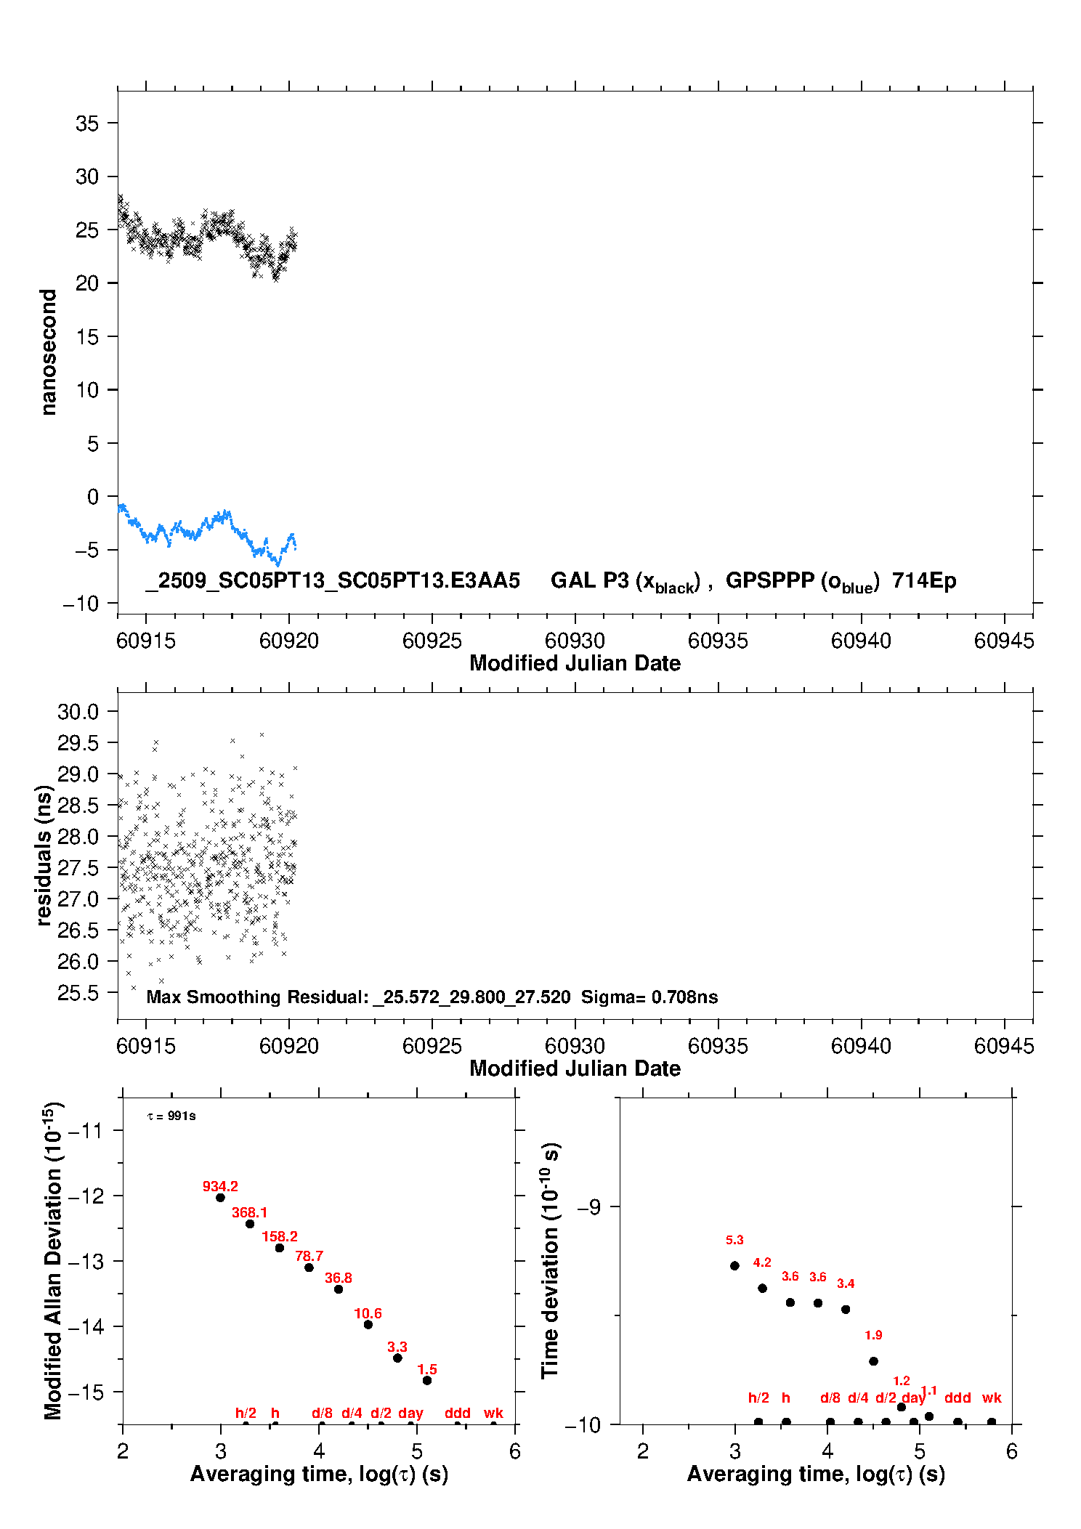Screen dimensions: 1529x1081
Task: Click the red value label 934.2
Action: click(x=220, y=1186)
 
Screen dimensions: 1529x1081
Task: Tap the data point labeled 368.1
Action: click(x=250, y=1224)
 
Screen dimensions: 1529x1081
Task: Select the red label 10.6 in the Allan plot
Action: click(x=368, y=1313)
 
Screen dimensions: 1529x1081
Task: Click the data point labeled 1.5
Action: click(x=427, y=1380)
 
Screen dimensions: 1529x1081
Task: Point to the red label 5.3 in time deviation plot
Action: click(x=734, y=1240)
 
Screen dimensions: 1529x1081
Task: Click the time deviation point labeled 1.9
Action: click(x=873, y=1361)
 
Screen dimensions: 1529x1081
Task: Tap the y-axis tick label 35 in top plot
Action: click(x=87, y=123)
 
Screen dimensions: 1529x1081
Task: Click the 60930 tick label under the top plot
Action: click(x=575, y=641)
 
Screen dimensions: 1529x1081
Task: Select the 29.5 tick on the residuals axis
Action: click(x=78, y=743)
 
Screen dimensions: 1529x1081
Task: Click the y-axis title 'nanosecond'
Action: click(x=49, y=352)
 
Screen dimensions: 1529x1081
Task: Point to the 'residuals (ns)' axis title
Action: click(x=44, y=856)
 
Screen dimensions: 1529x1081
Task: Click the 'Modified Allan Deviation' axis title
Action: click(x=53, y=1260)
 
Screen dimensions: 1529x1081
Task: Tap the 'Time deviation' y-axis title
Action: click(x=550, y=1260)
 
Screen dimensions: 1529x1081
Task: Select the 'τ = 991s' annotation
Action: click(x=171, y=1116)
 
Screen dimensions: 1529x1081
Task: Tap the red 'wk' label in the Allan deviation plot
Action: click(x=493, y=1413)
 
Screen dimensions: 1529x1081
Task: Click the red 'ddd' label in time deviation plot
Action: click(x=957, y=1398)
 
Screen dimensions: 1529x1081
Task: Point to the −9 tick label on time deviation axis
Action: click(x=588, y=1207)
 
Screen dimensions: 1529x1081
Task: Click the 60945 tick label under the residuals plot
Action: click(x=1003, y=1046)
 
